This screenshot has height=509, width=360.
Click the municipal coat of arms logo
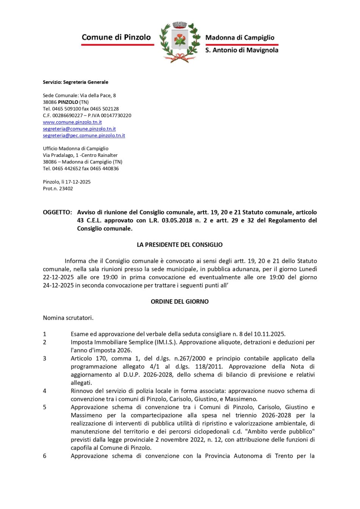pos(180,42)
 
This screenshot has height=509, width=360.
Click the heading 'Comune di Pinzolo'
pos(116,37)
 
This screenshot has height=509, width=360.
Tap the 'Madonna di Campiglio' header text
pos(239,38)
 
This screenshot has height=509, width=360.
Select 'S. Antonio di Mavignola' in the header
pos(242,50)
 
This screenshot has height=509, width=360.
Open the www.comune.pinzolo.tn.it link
pos(72,122)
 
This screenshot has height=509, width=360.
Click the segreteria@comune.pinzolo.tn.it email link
pos(79,129)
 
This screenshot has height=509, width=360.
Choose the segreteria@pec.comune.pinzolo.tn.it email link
pos(84,135)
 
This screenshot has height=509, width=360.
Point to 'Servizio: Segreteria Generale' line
pos(75,82)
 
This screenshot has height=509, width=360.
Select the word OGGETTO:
pos(57,212)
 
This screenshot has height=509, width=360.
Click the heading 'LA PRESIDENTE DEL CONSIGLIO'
pos(180,245)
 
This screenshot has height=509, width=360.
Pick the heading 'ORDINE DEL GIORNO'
pos(180,302)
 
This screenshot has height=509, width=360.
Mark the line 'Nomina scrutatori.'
pos(68,318)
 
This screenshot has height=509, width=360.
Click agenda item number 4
pos(44,391)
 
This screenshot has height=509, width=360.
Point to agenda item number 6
pos(44,456)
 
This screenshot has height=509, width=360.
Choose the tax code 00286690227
pos(67,116)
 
